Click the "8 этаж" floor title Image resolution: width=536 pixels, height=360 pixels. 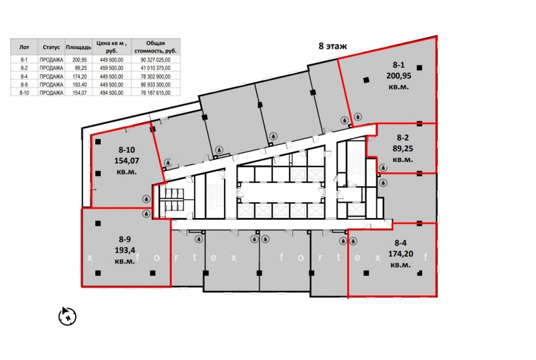332,46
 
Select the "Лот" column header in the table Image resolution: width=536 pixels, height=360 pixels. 24,47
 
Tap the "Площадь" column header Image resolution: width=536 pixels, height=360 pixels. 79,47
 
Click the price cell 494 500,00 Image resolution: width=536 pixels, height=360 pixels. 111,93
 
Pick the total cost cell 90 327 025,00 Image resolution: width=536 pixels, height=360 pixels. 155,60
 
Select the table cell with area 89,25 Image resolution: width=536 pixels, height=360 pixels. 79,68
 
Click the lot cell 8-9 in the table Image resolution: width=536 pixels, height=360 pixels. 24,85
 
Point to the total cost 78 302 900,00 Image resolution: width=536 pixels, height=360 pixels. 155,76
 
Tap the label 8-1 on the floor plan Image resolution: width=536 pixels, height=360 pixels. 398,65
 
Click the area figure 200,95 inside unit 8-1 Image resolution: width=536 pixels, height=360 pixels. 398,76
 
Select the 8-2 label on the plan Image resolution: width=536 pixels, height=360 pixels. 403,138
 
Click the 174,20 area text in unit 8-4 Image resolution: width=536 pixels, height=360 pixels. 401,254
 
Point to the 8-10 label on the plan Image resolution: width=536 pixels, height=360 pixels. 126,150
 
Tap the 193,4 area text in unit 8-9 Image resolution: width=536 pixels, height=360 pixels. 125,250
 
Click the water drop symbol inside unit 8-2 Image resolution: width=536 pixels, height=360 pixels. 383,167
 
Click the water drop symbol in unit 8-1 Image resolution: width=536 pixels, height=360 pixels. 358,117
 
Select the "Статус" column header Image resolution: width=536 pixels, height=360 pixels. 51,47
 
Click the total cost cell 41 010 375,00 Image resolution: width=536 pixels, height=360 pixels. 155,68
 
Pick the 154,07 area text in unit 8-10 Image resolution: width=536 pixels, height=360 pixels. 126,160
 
